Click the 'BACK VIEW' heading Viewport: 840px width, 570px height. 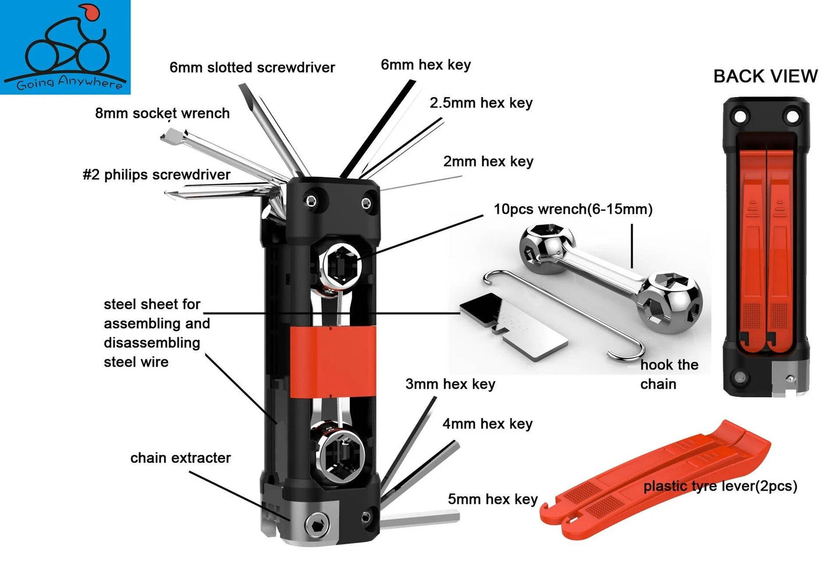(765, 76)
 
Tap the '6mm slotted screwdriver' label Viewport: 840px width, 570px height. (252, 67)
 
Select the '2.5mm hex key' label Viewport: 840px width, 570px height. (481, 103)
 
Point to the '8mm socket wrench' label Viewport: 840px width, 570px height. (162, 113)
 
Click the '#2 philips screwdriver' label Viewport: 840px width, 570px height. (156, 174)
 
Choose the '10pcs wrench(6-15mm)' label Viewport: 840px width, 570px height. (573, 209)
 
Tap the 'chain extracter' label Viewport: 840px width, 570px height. (180, 458)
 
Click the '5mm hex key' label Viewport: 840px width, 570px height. (492, 499)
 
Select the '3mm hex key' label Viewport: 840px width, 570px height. (450, 384)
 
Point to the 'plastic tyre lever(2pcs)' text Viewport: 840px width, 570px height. (720, 486)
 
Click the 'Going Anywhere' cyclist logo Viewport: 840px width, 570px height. (65, 47)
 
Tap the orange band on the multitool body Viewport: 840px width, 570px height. (332, 362)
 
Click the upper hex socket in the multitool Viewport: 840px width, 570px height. (339, 266)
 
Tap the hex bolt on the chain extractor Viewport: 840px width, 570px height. (317, 526)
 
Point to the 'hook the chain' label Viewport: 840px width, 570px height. (669, 374)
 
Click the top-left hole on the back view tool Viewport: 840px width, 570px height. (740, 117)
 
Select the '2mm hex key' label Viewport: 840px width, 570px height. (488, 162)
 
